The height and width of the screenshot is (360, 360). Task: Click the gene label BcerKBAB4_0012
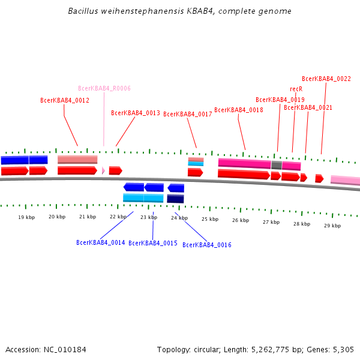pyautogui.click(x=65, y=100)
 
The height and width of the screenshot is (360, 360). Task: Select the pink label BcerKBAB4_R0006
pyautogui.click(x=104, y=88)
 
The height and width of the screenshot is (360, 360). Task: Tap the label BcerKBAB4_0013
pyautogui.click(x=136, y=113)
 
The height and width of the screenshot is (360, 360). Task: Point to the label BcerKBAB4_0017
pyautogui.click(x=188, y=114)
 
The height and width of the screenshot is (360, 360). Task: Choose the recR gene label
pyautogui.click(x=296, y=89)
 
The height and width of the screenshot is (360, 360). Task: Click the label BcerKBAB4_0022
pyautogui.click(x=326, y=79)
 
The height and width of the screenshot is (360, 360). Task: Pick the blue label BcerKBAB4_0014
pyautogui.click(x=101, y=242)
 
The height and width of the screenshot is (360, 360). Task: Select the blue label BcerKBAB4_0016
pyautogui.click(x=207, y=245)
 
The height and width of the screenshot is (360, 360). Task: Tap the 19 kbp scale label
pyautogui.click(x=26, y=217)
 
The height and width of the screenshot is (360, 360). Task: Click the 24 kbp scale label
pyautogui.click(x=179, y=218)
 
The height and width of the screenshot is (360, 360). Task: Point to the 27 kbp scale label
pyautogui.click(x=271, y=222)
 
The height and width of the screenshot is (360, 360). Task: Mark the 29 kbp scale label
pyautogui.click(x=332, y=226)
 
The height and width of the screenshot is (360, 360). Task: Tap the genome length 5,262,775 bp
pyautogui.click(x=269, y=349)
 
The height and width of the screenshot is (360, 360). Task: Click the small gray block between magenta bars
pyautogui.click(x=277, y=165)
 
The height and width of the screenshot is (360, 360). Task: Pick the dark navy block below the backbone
pyautogui.click(x=175, y=199)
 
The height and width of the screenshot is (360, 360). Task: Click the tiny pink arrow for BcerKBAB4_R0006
pyautogui.click(x=103, y=170)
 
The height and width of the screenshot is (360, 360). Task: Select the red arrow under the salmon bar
pyautogui.click(x=77, y=170)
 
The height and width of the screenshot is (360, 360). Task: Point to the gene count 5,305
pyautogui.click(x=344, y=349)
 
